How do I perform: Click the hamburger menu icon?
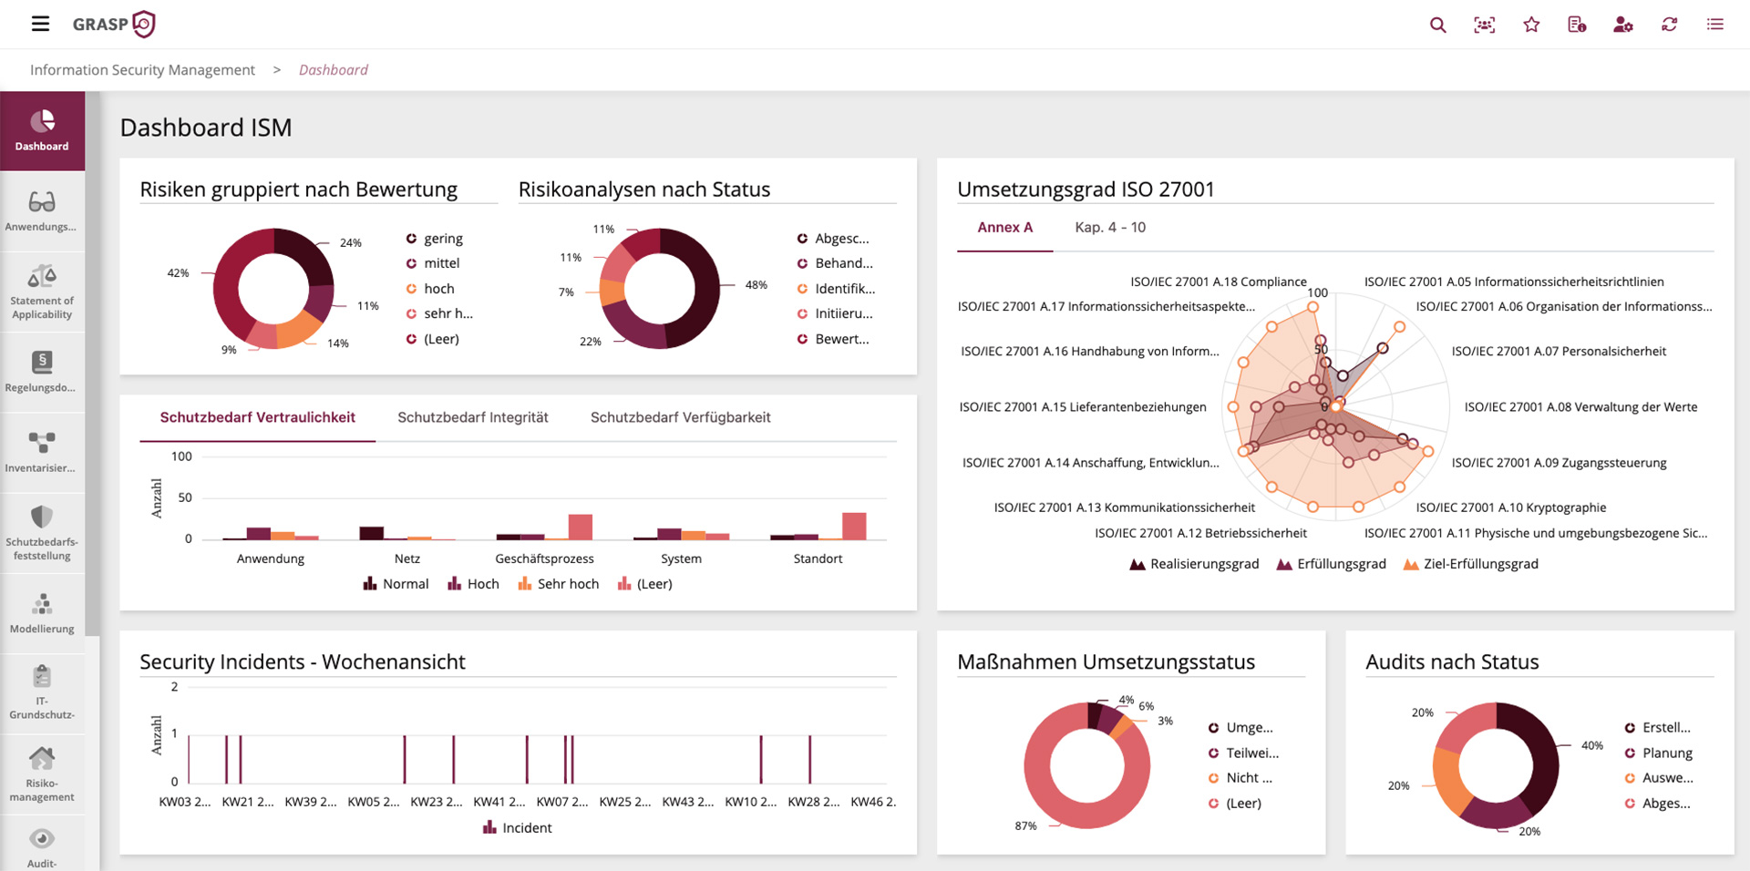(40, 24)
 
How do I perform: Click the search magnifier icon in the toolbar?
(1437, 25)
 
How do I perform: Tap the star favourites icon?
(1531, 25)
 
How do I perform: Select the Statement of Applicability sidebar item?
(42, 292)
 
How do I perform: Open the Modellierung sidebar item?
(42, 613)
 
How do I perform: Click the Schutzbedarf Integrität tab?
(472, 417)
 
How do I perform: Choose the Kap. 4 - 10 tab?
(1109, 228)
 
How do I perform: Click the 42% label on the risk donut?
(178, 272)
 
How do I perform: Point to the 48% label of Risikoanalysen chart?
(756, 284)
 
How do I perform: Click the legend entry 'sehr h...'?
(447, 313)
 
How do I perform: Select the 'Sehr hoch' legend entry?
(567, 584)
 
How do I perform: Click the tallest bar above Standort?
(854, 526)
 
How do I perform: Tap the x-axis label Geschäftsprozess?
(544, 558)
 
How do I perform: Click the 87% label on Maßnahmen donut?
(1025, 825)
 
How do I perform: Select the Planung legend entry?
(1666, 753)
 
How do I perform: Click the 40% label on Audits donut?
(1591, 745)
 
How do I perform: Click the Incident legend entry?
(526, 828)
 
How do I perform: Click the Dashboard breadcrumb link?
(333, 70)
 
